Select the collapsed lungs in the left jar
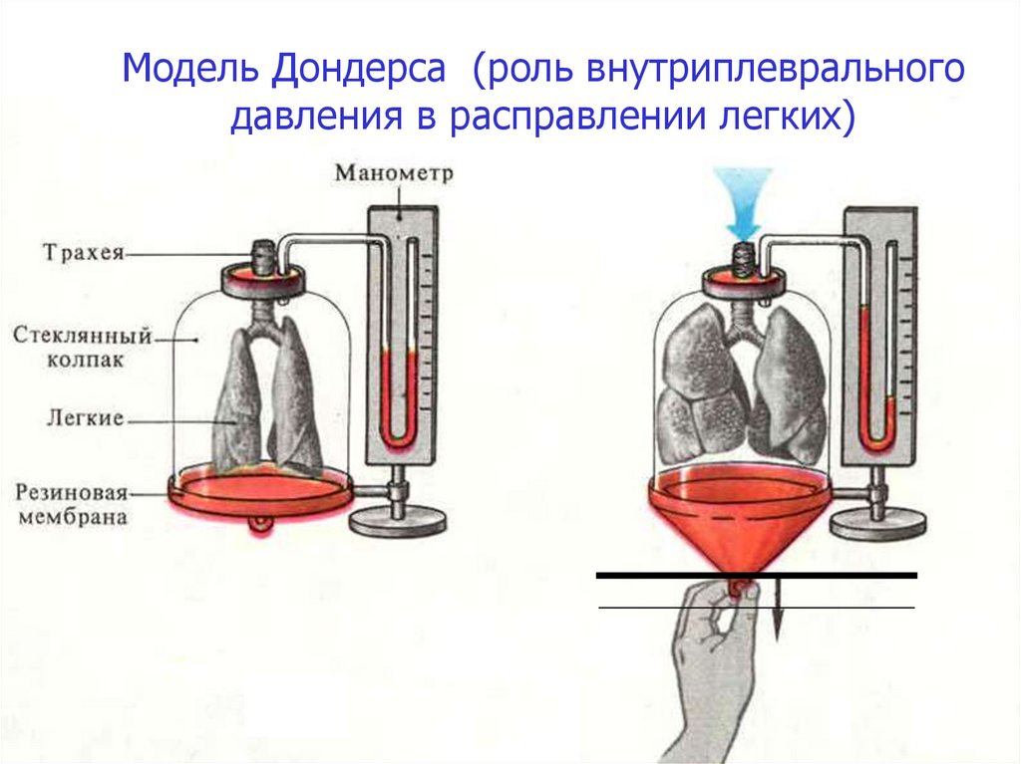(264, 398)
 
